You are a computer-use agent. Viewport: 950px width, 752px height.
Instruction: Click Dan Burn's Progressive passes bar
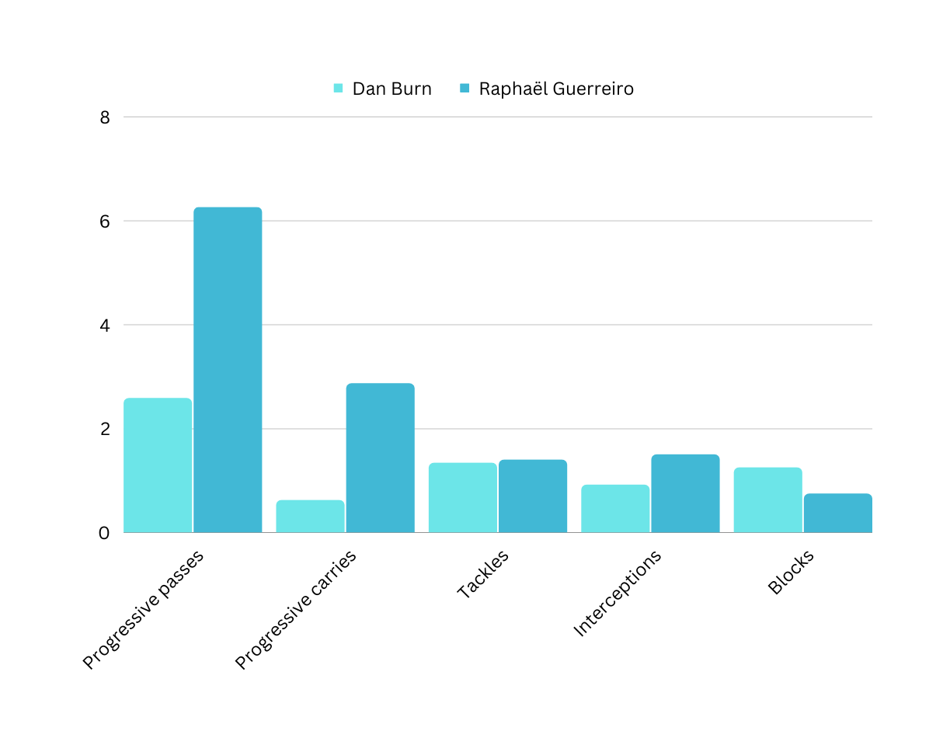click(158, 465)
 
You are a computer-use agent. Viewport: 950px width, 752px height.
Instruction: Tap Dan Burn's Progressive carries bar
click(310, 516)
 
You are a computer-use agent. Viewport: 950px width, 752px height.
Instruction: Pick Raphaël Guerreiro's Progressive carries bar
click(380, 458)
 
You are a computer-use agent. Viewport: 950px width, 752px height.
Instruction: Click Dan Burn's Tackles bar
click(463, 497)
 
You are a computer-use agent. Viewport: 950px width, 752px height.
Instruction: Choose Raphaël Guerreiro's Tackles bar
click(533, 496)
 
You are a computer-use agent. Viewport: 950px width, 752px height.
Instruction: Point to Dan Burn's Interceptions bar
click(615, 508)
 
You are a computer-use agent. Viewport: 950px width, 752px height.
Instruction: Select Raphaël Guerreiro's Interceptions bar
click(685, 493)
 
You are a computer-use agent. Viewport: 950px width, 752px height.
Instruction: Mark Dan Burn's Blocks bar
click(767, 500)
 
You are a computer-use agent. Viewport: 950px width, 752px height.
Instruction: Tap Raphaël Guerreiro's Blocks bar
click(837, 513)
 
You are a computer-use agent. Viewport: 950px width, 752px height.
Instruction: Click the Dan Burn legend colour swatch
click(339, 89)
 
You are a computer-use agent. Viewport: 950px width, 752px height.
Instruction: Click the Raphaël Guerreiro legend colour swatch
click(465, 89)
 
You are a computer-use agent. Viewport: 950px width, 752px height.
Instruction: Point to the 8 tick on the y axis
click(105, 117)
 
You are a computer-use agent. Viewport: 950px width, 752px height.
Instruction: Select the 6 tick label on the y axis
click(105, 221)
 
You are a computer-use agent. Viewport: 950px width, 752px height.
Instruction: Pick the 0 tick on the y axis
click(105, 533)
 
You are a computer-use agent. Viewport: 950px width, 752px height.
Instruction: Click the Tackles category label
click(482, 574)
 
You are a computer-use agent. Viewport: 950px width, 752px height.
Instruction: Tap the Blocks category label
click(791, 573)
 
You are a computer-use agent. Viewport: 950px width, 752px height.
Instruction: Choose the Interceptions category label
click(617, 594)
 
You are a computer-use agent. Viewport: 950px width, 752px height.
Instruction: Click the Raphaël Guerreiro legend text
click(556, 89)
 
